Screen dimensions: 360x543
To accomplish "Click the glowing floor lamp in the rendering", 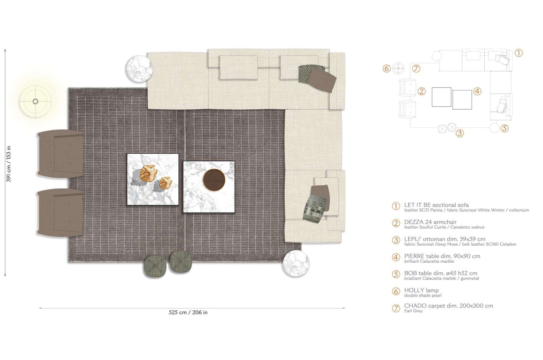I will click(35, 101).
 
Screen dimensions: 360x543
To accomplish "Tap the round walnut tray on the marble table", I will click(214, 180).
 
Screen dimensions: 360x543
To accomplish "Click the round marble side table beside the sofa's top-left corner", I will click(139, 68).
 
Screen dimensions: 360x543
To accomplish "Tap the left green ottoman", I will click(155, 266).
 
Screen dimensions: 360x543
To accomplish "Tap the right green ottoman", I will click(181, 262).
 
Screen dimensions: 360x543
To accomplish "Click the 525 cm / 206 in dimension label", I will click(188, 312).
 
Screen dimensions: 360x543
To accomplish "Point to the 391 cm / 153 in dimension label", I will click(9, 164).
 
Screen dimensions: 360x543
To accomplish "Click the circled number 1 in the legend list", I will click(396, 206).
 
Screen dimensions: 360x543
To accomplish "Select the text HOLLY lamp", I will click(421, 290).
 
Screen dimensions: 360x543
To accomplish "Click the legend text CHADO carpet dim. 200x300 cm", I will click(448, 306).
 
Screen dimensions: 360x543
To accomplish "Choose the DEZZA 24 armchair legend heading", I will click(430, 222).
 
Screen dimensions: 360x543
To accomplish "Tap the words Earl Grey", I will click(413, 311).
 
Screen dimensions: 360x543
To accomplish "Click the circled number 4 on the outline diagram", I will click(477, 91).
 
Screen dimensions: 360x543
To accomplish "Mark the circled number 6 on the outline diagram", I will click(387, 68).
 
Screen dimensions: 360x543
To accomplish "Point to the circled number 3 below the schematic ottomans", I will click(459, 133).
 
